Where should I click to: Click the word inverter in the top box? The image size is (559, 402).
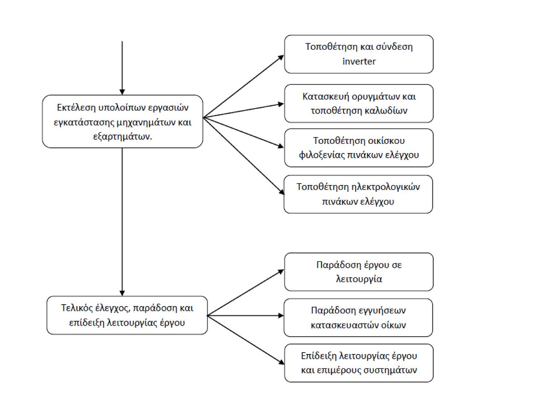tap(359, 61)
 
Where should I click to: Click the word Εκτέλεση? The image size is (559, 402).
tap(76, 107)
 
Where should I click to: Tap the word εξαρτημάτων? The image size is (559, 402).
tap(123, 137)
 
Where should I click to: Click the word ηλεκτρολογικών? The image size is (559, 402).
tap(386, 187)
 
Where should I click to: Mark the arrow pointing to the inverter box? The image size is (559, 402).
tap(244, 86)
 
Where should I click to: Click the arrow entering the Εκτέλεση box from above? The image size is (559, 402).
tap(122, 68)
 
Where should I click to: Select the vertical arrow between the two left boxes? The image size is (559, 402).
tap(122, 222)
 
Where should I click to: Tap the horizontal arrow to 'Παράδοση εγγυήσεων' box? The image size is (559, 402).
tap(246, 316)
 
